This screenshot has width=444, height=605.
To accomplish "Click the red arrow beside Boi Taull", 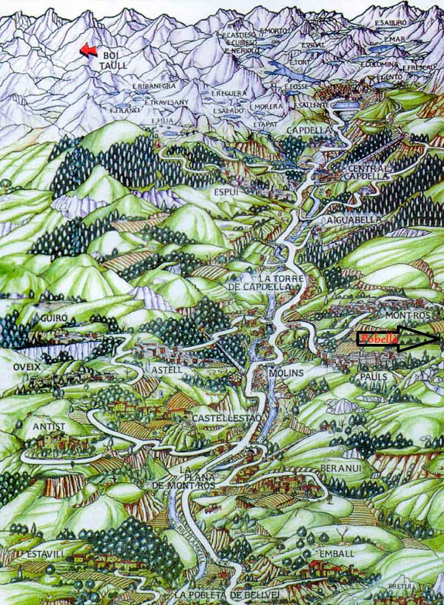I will click(x=88, y=51).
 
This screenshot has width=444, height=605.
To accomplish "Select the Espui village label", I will click(x=226, y=192).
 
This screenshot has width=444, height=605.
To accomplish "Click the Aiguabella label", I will click(x=354, y=219).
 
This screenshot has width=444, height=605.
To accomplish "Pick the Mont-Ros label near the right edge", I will click(x=411, y=316).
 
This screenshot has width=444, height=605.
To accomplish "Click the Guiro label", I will click(x=54, y=318).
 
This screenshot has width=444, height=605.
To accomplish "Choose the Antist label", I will click(x=49, y=426).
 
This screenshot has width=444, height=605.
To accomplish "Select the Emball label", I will click(x=336, y=554).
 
